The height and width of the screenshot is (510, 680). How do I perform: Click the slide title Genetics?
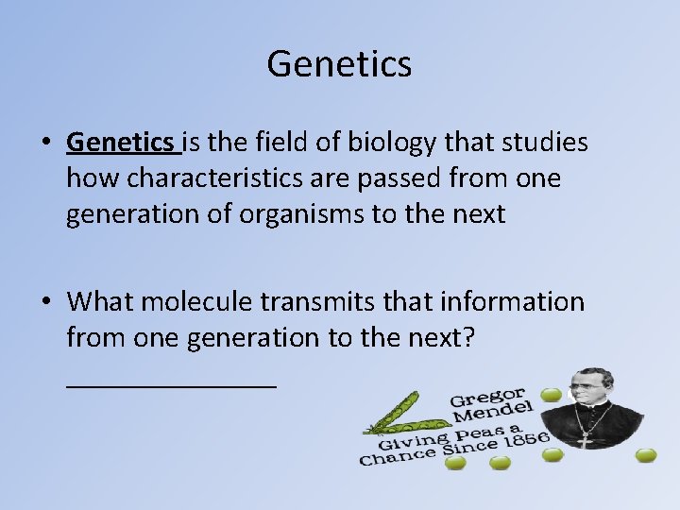point(339,64)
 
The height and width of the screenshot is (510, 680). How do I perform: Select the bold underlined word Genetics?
point(123,143)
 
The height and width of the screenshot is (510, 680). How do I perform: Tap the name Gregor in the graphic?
point(486,397)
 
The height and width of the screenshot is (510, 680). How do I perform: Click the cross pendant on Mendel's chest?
point(586,440)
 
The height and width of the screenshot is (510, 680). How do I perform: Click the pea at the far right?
point(646,455)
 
